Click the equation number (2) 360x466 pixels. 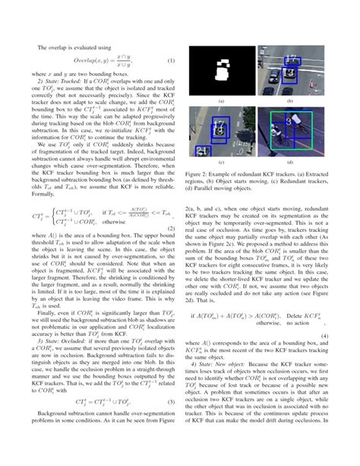172,228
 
